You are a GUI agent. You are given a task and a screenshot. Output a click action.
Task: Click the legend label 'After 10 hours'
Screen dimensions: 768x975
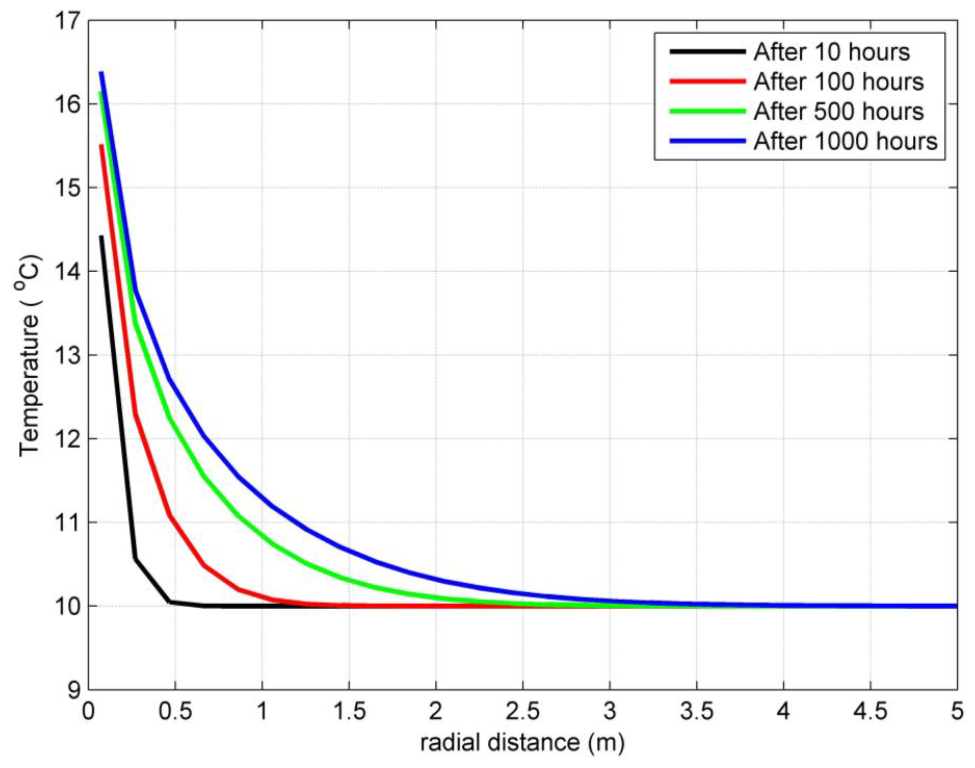(832, 52)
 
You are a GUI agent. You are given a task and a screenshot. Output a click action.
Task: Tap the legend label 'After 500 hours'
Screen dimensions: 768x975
(838, 112)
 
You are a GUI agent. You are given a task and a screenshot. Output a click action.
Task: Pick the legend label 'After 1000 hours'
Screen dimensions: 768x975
(845, 141)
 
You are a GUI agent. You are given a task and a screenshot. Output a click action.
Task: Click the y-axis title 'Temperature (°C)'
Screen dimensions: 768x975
(30, 355)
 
